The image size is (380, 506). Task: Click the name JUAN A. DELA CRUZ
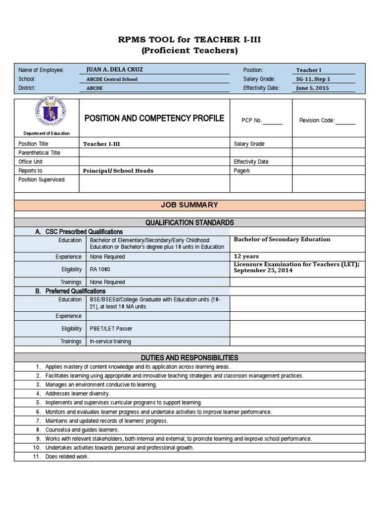(x=114, y=70)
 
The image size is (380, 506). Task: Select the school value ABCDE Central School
(x=112, y=79)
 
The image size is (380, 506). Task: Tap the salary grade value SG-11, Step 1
(x=313, y=79)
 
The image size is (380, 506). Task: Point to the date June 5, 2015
(x=312, y=88)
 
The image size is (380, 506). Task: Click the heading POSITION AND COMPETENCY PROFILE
(x=154, y=118)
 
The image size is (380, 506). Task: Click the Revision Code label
(x=317, y=120)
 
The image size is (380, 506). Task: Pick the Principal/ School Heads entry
(x=119, y=170)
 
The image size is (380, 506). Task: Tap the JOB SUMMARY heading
(x=190, y=205)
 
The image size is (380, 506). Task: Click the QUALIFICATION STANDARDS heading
(x=190, y=223)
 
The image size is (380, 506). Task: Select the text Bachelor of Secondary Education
(x=282, y=239)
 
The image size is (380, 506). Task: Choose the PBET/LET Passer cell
(x=111, y=329)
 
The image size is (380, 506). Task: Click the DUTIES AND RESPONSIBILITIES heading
(x=190, y=358)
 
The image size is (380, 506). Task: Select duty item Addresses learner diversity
(x=78, y=394)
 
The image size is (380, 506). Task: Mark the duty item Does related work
(x=67, y=457)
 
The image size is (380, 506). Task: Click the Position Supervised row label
(x=42, y=180)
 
